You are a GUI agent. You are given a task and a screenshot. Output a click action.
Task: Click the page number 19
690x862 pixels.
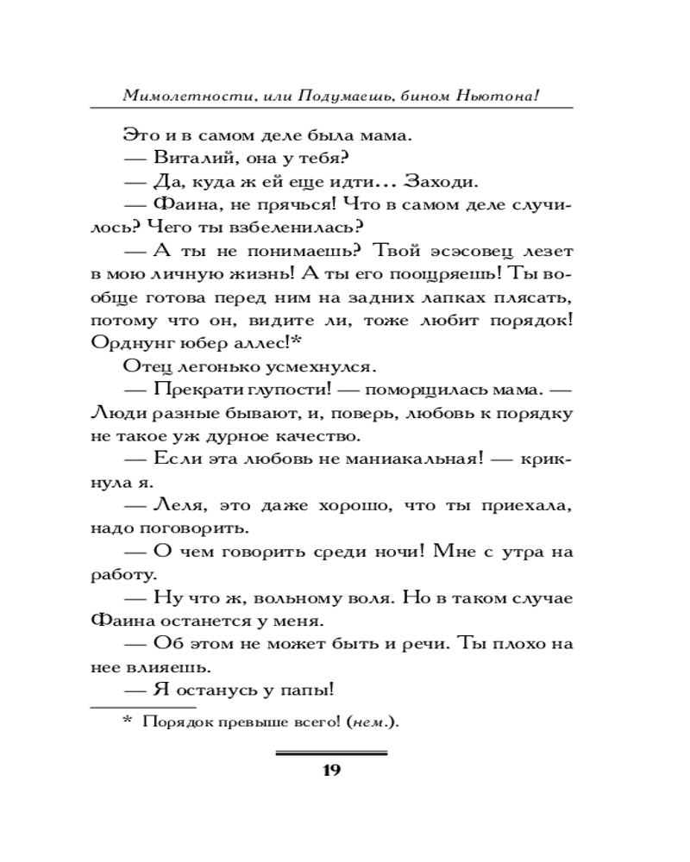pos(332,770)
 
